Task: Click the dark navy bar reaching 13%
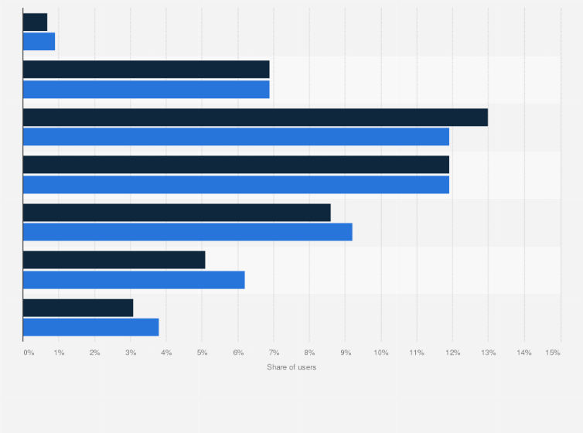click(x=255, y=117)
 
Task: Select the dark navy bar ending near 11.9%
click(x=236, y=165)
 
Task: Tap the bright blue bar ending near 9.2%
click(x=187, y=231)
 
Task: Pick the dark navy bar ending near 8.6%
click(x=176, y=213)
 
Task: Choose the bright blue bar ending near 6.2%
click(x=134, y=279)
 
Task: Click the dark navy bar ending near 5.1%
click(x=114, y=260)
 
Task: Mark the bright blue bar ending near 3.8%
click(x=90, y=327)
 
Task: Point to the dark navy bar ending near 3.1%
click(x=78, y=308)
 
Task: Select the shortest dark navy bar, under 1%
click(x=35, y=22)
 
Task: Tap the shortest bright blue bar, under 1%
click(x=39, y=41)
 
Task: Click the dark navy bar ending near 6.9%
click(x=146, y=70)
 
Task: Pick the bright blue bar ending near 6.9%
click(x=146, y=89)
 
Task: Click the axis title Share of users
click(x=291, y=367)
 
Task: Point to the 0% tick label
click(x=29, y=353)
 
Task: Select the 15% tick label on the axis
click(x=553, y=353)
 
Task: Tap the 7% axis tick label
click(x=274, y=353)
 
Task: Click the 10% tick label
click(x=381, y=353)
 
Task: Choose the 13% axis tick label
click(x=489, y=353)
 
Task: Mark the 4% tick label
click(x=166, y=353)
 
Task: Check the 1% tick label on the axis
click(x=59, y=353)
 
